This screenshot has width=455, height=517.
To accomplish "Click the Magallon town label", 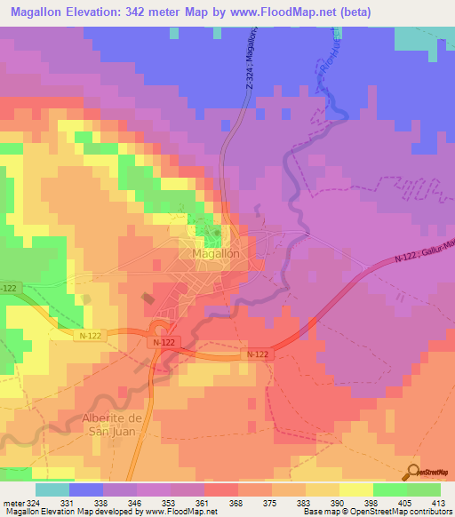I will click(216, 253).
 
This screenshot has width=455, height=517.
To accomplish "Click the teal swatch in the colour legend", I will click(52, 489).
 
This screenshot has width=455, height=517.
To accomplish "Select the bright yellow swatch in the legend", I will click(355, 489).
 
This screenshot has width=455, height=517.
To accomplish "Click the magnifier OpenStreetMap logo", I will click(412, 470).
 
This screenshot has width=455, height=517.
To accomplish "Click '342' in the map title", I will click(147, 11).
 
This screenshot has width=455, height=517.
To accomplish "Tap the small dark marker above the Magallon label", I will click(214, 232).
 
